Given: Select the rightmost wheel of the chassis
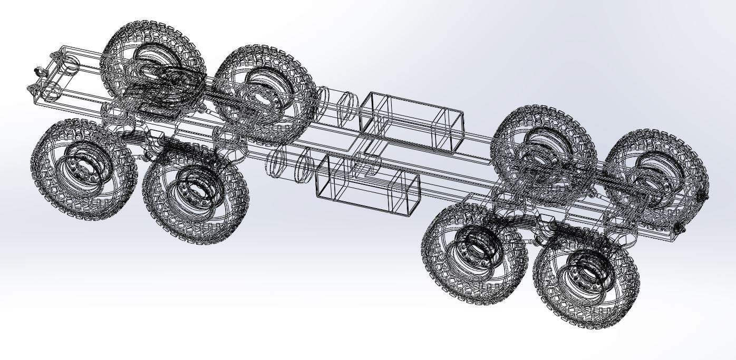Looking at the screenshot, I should tap(656, 174).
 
